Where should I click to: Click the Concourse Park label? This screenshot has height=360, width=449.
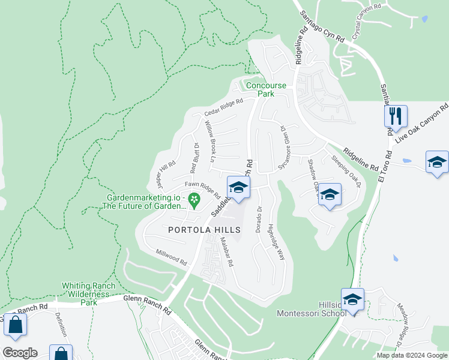266,89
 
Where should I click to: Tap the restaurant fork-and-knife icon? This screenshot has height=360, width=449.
396,115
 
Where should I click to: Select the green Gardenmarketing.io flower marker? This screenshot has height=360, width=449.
194,199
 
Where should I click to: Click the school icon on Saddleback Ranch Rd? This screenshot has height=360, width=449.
238,188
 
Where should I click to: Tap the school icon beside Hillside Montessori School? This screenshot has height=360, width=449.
352,299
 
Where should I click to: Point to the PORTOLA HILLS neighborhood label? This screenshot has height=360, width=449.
204,230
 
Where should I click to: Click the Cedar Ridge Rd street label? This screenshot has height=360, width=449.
223,107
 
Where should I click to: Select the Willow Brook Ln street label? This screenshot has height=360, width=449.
209,142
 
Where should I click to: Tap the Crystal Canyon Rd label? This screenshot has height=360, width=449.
366,23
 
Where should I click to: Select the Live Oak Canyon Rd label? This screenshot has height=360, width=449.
422,124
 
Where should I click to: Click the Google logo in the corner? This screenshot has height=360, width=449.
20,352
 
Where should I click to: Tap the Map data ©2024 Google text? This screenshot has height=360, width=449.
411,355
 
